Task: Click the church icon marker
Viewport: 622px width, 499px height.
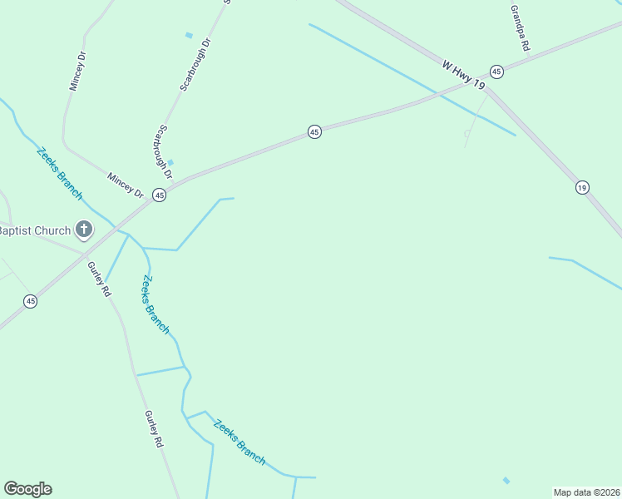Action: click(83, 229)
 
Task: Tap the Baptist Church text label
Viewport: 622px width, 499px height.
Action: click(35, 230)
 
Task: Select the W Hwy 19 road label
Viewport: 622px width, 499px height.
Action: click(463, 74)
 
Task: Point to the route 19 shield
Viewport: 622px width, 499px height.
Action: click(582, 188)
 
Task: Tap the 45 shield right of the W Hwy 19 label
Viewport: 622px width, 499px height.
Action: click(496, 72)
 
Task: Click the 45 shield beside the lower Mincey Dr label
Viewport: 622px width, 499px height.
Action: click(160, 195)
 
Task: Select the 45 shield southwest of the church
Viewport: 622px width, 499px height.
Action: click(30, 301)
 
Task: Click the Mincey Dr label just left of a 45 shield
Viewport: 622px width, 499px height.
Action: click(126, 185)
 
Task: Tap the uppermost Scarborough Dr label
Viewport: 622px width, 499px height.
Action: click(196, 63)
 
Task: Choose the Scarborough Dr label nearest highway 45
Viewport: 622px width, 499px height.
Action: click(161, 152)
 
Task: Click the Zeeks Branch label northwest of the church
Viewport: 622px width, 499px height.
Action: click(59, 173)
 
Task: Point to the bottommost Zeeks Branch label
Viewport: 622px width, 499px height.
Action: click(239, 442)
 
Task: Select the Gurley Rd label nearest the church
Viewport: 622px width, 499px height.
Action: click(100, 279)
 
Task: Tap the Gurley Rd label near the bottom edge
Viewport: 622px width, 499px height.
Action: click(154, 430)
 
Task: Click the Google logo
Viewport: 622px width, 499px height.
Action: click(27, 489)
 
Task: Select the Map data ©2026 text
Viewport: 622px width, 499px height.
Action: click(586, 492)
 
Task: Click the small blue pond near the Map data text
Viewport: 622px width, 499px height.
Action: click(506, 480)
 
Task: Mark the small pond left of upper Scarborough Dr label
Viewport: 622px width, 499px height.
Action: click(189, 35)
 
